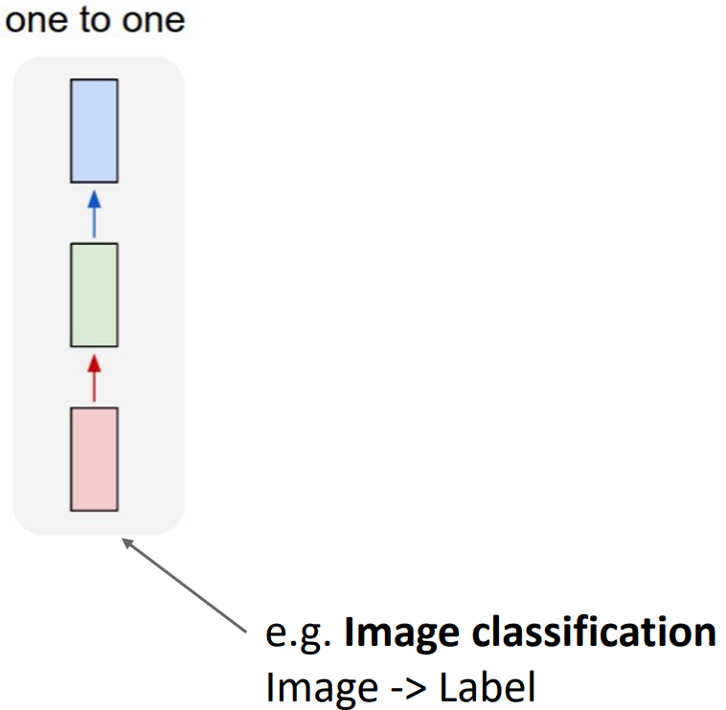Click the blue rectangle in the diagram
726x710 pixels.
tap(94, 131)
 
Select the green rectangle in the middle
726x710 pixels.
tap(94, 295)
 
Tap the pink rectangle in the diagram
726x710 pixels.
tap(94, 459)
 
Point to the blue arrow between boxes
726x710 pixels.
tap(94, 214)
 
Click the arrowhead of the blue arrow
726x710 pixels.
tap(94, 199)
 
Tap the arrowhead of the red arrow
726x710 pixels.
tap(94, 364)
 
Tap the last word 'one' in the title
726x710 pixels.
tap(153, 19)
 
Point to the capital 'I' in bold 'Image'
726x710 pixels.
tap(349, 632)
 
